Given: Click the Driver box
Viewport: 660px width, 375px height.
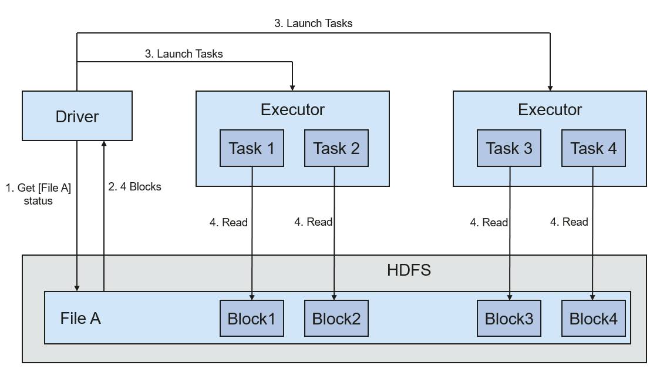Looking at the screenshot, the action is (x=77, y=116).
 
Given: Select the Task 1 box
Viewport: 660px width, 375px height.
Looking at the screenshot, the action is (x=252, y=148).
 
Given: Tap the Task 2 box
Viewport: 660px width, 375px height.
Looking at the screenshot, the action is (x=336, y=148).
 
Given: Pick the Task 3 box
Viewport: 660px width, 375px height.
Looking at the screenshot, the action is (x=509, y=148).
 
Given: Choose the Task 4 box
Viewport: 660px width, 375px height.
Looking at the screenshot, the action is (x=594, y=148).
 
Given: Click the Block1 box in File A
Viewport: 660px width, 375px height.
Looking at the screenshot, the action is (x=252, y=319).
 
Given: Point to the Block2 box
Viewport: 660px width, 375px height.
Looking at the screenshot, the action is (x=336, y=319).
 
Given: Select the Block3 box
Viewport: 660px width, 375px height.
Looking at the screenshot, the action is (x=509, y=319).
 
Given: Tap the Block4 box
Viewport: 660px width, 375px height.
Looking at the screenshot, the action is (x=594, y=319).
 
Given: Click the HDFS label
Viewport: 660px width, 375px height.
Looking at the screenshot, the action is (x=409, y=270).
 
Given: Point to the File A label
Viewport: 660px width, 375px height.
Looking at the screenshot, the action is (x=80, y=318).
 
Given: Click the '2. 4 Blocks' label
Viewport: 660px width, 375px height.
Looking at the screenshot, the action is (x=134, y=187).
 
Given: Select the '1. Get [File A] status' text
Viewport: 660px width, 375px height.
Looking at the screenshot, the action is (x=38, y=194).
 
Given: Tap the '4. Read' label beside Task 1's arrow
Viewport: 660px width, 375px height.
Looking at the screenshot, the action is (x=228, y=222).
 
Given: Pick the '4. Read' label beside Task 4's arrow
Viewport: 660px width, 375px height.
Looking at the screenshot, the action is (x=569, y=222).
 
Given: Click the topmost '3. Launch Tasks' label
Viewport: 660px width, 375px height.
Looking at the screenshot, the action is (x=313, y=23).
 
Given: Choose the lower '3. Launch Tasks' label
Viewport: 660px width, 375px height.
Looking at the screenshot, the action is (x=184, y=54).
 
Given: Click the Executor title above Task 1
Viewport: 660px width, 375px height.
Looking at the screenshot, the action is (x=292, y=109).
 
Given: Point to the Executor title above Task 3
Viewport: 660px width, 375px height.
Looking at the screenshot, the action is (x=550, y=109).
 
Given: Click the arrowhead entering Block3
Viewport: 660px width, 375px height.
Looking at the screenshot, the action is (x=510, y=297).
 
